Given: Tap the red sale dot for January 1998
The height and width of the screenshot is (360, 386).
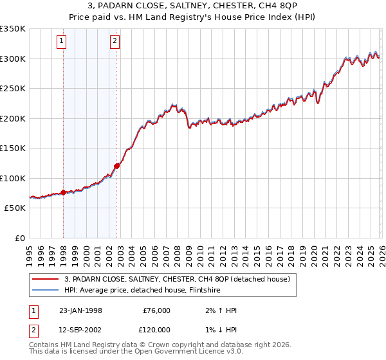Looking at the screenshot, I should (63, 192).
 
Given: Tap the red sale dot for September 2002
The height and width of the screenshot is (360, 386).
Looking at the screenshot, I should (116, 166).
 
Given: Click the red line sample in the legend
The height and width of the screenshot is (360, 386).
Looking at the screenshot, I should (45, 279).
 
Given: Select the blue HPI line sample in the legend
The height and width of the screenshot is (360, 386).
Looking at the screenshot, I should (45, 290).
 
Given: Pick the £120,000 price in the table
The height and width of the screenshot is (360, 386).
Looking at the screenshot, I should (156, 330).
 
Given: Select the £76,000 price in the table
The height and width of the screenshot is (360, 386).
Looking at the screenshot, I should (156, 310).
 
